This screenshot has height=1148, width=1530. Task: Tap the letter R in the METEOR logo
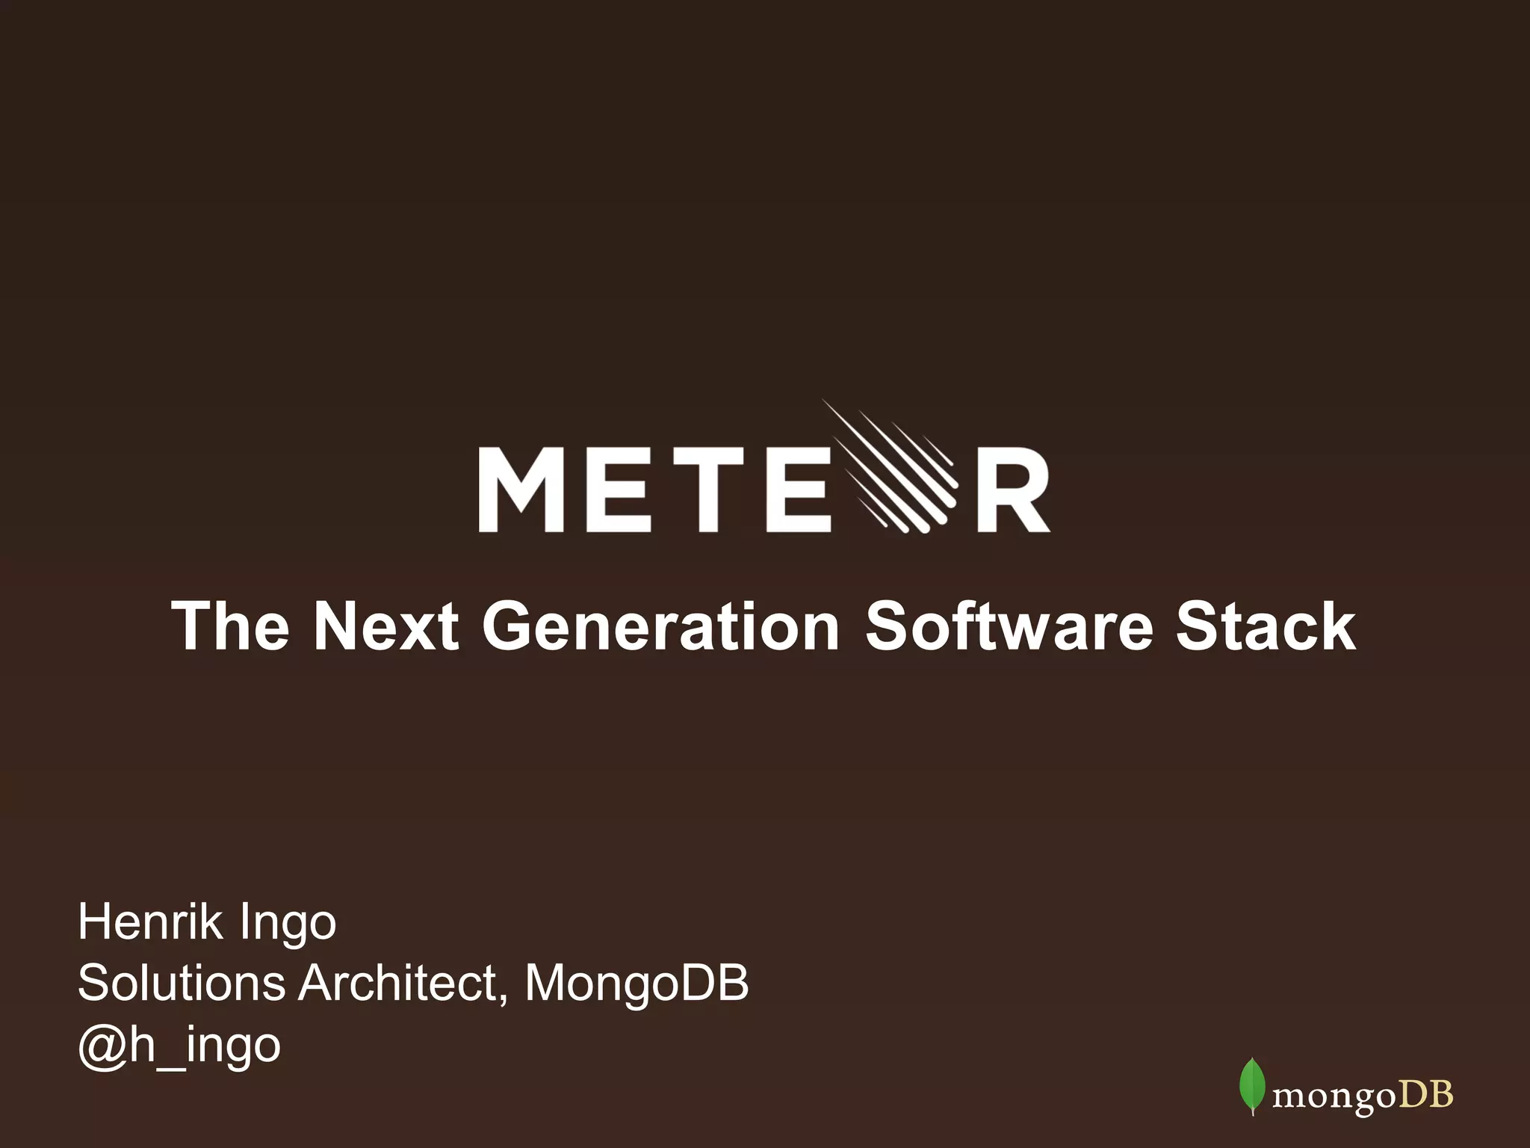coord(1013,490)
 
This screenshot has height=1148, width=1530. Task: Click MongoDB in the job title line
coord(637,984)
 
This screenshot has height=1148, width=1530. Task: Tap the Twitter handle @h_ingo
coord(179,1045)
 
